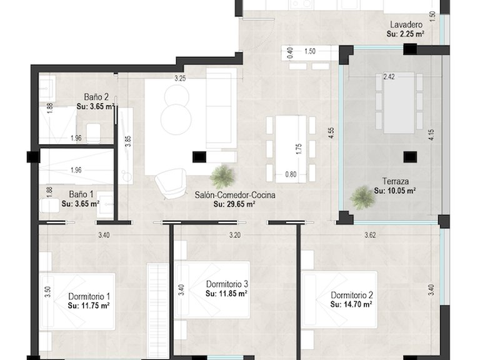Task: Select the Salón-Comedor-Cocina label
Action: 234,195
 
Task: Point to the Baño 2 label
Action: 97,97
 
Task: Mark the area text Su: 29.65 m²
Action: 234,204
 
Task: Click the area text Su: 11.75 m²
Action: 89,306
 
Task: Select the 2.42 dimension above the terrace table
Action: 389,78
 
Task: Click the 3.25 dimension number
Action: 180,79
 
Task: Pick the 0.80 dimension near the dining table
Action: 291,174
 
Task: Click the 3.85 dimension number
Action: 128,141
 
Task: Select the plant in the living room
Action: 221,177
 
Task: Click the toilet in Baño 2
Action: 94,132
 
